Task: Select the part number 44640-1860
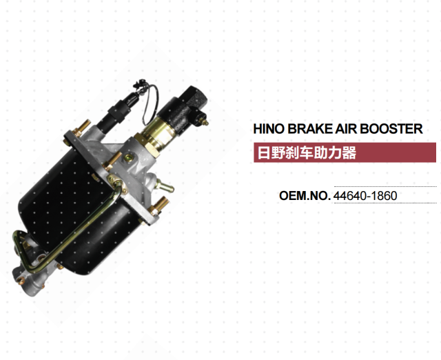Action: click(365, 196)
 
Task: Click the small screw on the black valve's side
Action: click(204, 122)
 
